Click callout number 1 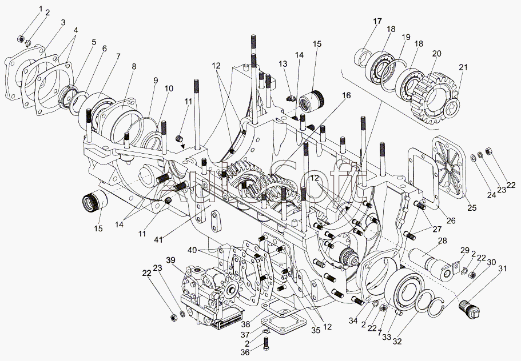coord(41,7)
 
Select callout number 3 coord(63,22)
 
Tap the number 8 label coord(133,66)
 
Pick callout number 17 coord(377,21)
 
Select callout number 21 coord(463,68)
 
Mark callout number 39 coord(170,260)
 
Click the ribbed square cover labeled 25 coord(451,163)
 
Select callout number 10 coord(170,89)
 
